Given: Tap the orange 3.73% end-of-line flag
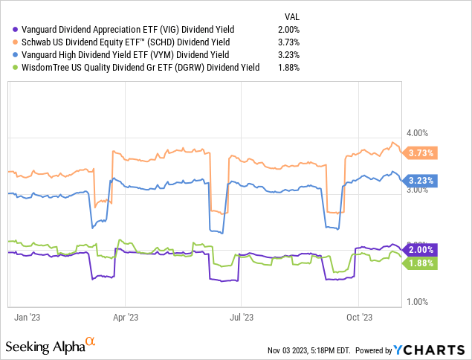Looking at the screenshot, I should [421, 152].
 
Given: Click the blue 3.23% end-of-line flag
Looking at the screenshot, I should [421, 180].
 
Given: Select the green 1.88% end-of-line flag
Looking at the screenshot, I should [421, 263].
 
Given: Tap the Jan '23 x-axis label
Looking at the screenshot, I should [28, 316].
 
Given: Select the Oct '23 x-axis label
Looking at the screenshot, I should [358, 316].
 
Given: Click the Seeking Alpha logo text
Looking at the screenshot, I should [45, 347].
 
